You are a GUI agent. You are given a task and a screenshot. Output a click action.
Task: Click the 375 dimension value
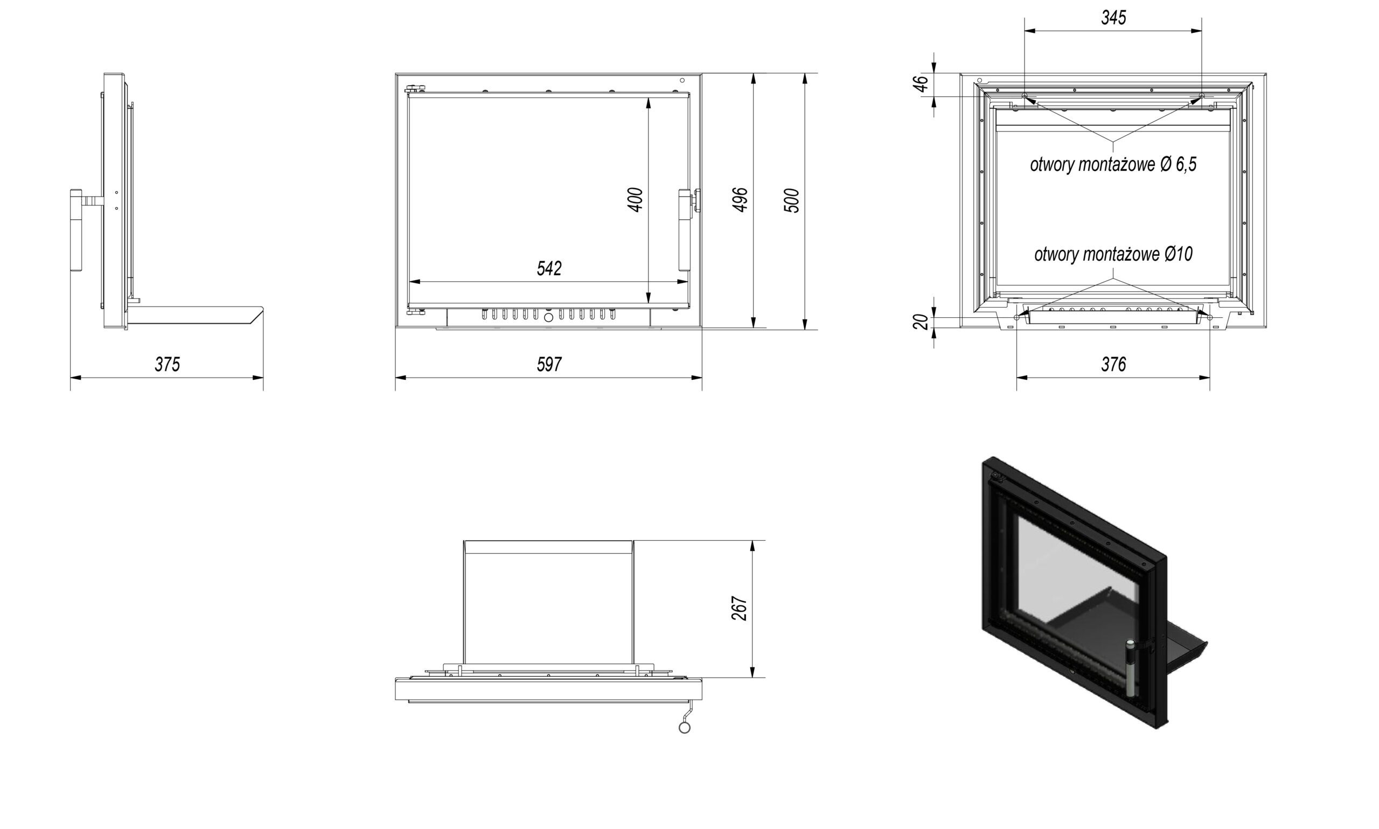tap(167, 365)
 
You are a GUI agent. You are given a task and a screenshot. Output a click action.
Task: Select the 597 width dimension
tap(548, 365)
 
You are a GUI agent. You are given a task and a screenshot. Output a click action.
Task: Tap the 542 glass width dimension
tap(548, 269)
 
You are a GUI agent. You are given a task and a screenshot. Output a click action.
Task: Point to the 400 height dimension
tap(636, 199)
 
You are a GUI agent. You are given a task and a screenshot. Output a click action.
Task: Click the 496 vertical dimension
tap(740, 199)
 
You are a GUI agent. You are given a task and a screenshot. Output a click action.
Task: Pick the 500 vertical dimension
tap(791, 200)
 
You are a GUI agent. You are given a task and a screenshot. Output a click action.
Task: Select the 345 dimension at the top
tap(1113, 18)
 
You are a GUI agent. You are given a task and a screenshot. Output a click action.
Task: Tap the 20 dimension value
tap(921, 322)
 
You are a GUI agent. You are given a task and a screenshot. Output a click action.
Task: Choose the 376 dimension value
tap(1113, 365)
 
